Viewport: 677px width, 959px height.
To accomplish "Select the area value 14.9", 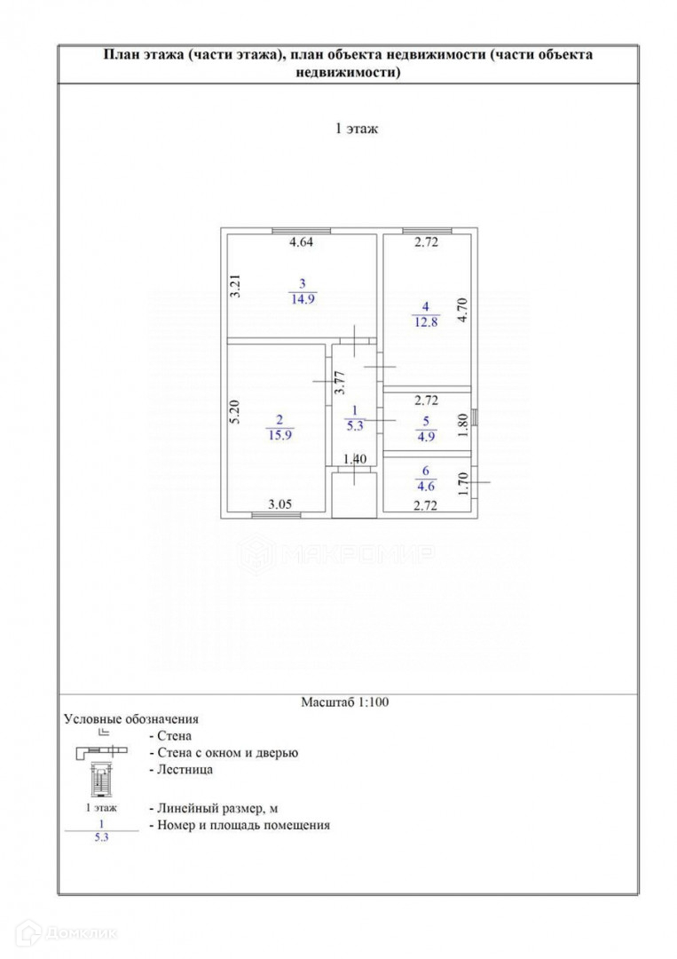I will pos(302,298).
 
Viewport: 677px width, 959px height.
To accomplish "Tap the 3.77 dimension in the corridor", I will pos(338,382).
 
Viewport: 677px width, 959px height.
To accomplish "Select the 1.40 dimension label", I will pos(354,459).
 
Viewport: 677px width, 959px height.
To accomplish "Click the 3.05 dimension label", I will pos(281,505).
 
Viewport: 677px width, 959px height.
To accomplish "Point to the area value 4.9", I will pos(427,435).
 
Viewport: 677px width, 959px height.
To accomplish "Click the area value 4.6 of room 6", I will pos(427,486).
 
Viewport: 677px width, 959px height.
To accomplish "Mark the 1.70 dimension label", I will pos(461,486).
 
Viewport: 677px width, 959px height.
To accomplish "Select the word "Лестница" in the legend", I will pos(184,770).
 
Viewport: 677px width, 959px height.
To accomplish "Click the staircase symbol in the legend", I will pos(105,779).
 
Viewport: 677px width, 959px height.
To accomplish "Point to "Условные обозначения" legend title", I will pos(131,718).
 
